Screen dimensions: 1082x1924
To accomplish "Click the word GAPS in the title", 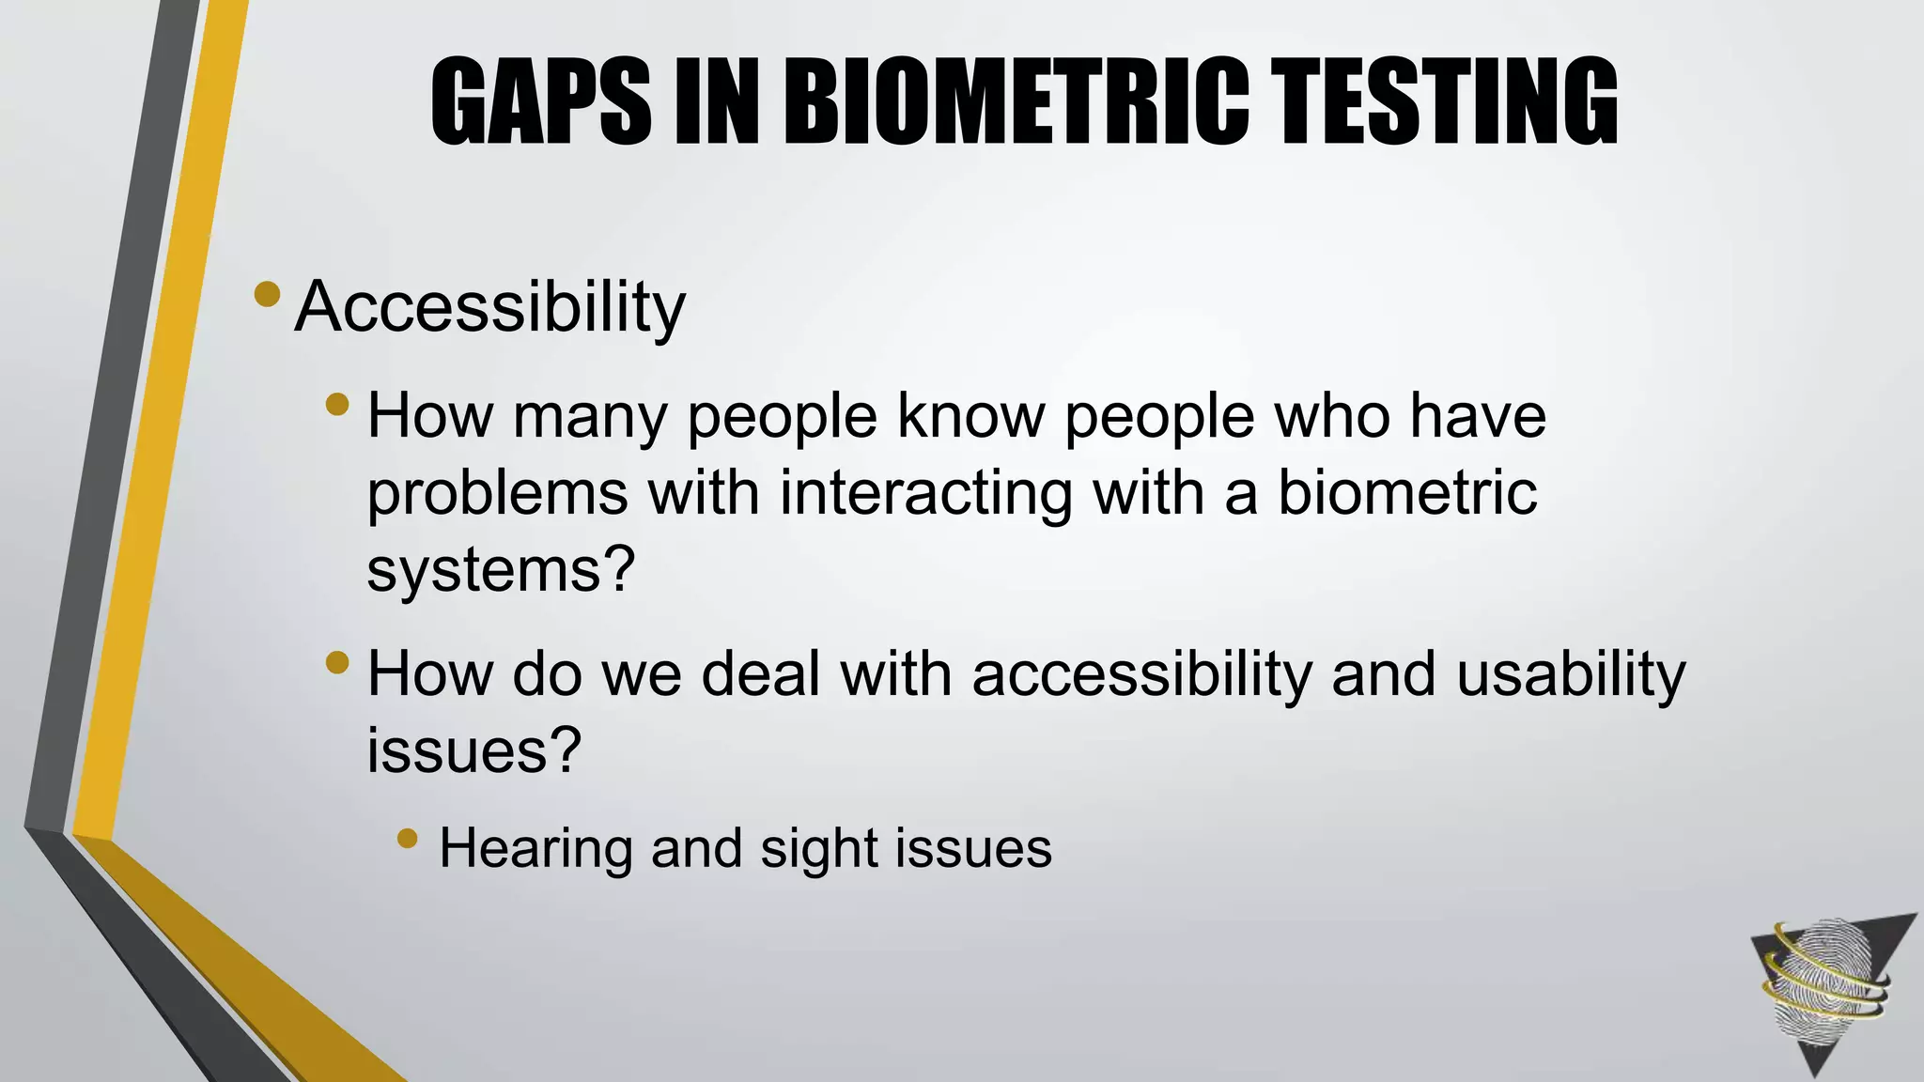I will tap(541, 101).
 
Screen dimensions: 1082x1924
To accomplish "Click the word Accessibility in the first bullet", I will tap(489, 307).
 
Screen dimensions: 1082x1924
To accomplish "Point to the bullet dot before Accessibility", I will tap(267, 294).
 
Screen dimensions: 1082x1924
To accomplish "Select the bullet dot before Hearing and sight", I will tap(407, 837).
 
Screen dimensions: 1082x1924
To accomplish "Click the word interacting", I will tap(926, 493).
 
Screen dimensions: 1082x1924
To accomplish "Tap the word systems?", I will tap(501, 569).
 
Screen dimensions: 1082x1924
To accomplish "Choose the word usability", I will tap(1571, 674).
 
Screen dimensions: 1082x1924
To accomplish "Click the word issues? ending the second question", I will tap(473, 750).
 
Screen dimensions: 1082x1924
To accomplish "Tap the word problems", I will tap(497, 493).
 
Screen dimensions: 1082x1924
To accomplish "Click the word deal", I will tap(761, 674).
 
